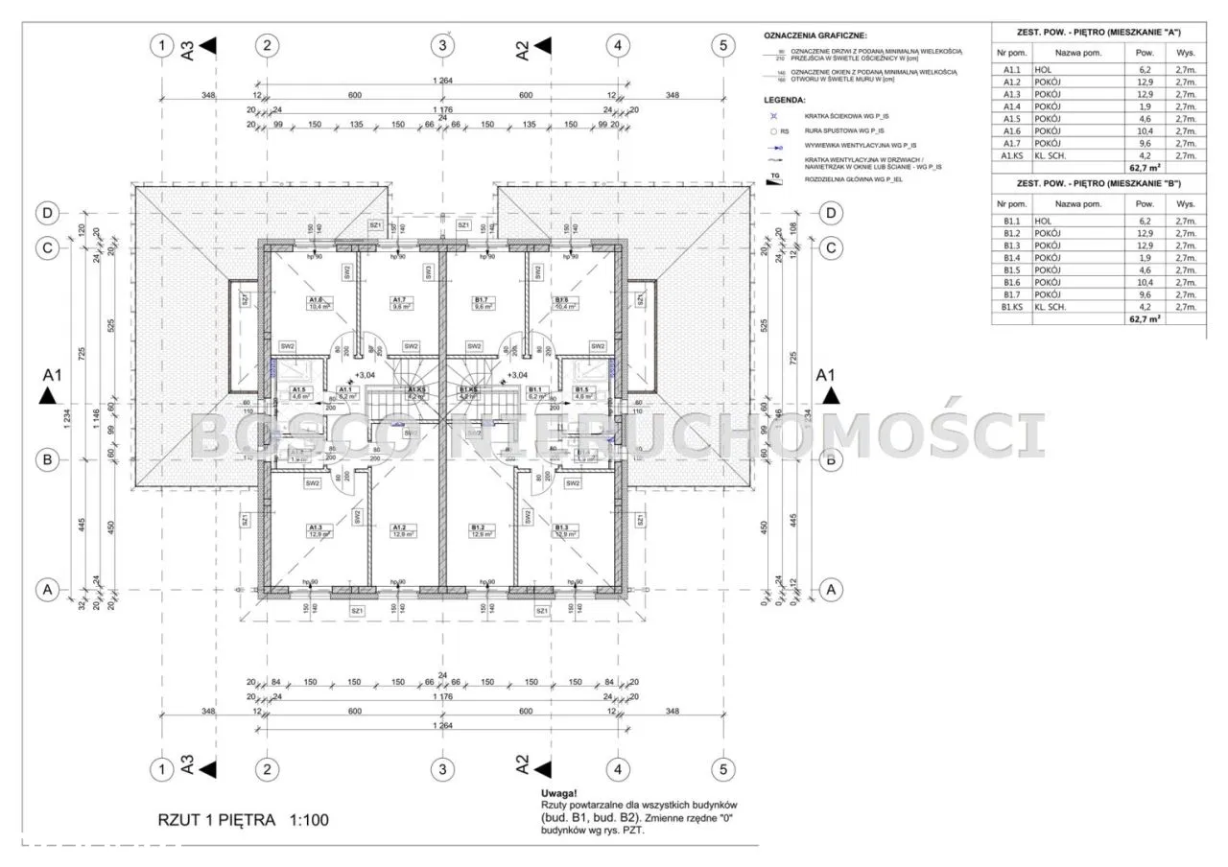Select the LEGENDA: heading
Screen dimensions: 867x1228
point(785,100)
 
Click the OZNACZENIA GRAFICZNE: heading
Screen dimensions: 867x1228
point(815,35)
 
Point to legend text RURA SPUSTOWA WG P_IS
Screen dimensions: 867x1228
point(832,129)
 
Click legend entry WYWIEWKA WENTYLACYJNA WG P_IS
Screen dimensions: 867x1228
point(839,146)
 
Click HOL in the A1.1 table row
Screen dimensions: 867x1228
point(1043,70)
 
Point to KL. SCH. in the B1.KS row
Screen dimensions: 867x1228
point(1051,307)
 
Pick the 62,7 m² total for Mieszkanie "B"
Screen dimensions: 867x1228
point(1145,320)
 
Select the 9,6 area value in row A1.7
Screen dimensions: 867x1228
point(1145,143)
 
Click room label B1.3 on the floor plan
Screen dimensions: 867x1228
point(561,527)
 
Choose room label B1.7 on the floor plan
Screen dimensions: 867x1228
point(483,300)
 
